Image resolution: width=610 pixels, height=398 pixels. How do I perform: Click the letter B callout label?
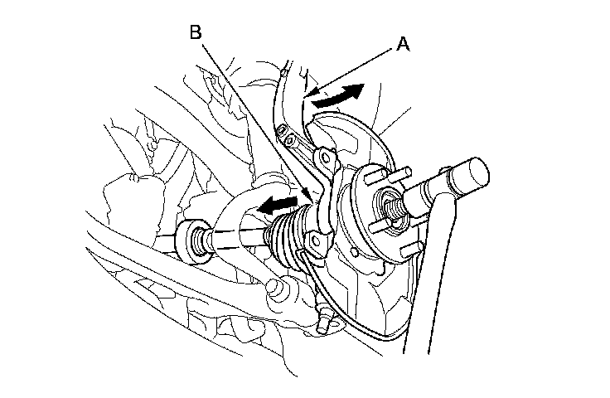click(196, 32)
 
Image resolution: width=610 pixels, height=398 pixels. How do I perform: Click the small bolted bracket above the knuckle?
click(286, 129)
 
